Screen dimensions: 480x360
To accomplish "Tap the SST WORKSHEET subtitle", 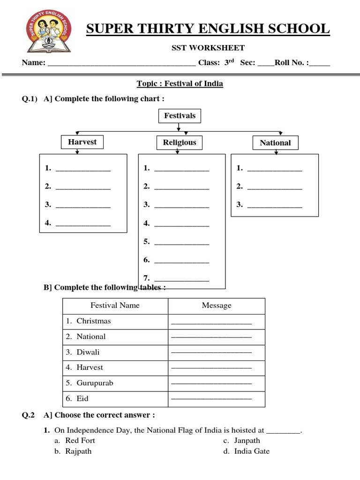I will [x=207, y=47].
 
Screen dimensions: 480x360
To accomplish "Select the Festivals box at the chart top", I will [x=180, y=116].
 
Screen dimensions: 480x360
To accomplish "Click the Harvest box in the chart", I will [x=82, y=142].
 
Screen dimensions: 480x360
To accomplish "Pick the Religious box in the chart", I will [x=180, y=142].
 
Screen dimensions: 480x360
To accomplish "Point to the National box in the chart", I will [x=275, y=143].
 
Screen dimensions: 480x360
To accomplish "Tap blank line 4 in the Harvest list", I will [x=83, y=225].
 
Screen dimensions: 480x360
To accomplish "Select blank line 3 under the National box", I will [x=274, y=206].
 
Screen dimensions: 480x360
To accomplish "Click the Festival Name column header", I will [x=115, y=306].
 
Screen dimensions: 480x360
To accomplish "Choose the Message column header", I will [x=217, y=306].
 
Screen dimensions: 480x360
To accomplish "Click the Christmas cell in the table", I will [x=94, y=321].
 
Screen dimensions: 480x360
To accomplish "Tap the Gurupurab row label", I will [x=95, y=383].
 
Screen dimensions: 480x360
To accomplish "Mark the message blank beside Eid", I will [x=211, y=399].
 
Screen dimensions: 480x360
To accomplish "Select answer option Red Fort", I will [x=80, y=441].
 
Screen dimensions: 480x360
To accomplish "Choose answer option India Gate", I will [x=252, y=451].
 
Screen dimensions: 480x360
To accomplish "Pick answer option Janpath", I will [x=247, y=441].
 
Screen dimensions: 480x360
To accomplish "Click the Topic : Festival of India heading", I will [x=180, y=84].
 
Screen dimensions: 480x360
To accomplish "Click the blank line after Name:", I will [x=122, y=64].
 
